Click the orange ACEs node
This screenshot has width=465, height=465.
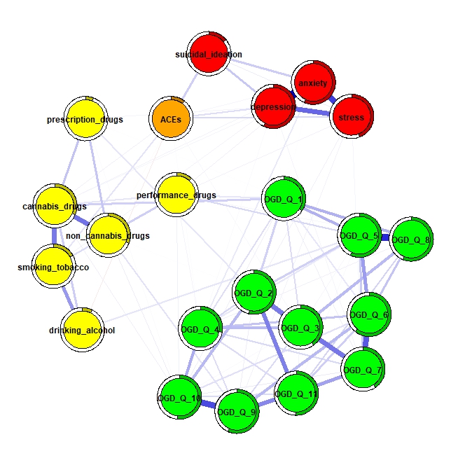click(171, 118)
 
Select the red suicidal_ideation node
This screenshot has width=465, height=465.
click(209, 53)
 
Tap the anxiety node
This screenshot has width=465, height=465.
click(313, 83)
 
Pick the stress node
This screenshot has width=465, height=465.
click(352, 116)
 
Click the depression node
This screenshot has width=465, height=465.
click(273, 106)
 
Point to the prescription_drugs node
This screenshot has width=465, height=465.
click(85, 118)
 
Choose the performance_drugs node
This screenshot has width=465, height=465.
click(176, 195)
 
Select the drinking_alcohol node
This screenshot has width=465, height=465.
click(83, 330)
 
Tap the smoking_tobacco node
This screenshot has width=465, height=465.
click(54, 266)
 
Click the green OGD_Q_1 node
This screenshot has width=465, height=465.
click(284, 198)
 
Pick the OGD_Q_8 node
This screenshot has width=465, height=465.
click(411, 239)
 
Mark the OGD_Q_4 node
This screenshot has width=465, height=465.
click(200, 328)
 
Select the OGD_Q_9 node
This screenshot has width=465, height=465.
click(237, 411)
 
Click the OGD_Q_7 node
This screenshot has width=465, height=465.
click(363, 369)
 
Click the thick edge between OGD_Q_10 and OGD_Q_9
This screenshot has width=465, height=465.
click(208, 404)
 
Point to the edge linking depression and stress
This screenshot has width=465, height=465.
click(312, 111)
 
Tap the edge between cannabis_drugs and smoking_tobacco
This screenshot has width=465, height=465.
click(54, 236)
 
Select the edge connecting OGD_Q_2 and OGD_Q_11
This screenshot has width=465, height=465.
click(275, 343)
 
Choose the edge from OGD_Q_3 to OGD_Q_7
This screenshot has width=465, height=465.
click(331, 348)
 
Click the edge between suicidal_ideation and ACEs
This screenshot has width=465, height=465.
click(190, 86)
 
